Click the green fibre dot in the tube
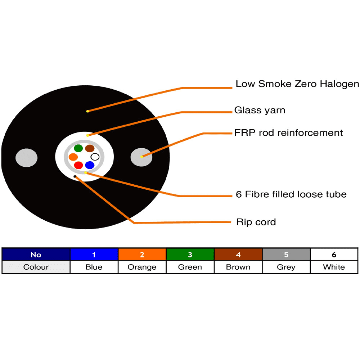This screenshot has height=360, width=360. [x=78, y=148]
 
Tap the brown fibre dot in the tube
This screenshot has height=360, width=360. [x=90, y=148]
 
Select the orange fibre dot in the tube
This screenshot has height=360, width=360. [x=73, y=157]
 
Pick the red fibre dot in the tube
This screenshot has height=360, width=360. [x=78, y=165]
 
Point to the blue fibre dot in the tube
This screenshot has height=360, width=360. [x=90, y=165]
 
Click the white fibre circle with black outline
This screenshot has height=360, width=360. [x=95, y=157]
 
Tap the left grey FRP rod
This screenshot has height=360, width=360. [x=27, y=158]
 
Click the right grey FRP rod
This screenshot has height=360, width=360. [x=141, y=157]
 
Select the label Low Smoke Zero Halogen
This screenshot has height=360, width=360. [x=298, y=84]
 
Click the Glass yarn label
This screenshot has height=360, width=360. [x=260, y=110]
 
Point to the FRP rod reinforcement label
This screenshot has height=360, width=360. [x=288, y=133]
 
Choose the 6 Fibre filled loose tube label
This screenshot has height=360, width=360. [x=291, y=194]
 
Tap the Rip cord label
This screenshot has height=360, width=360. [x=256, y=222]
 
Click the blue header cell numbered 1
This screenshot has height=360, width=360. [x=94, y=255]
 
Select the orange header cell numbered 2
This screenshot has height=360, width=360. [x=142, y=255]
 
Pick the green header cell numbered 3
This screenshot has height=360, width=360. [x=190, y=255]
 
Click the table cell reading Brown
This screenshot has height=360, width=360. [x=238, y=267]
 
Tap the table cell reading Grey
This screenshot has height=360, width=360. [x=286, y=267]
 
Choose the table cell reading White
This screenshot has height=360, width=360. [x=334, y=267]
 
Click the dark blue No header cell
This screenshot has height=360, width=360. [x=36, y=255]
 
